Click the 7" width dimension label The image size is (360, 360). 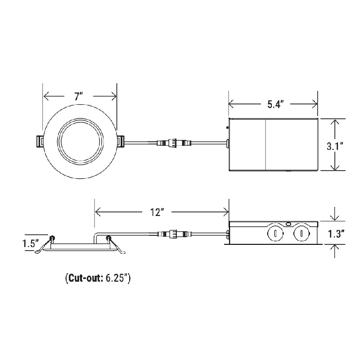click(x=80, y=96)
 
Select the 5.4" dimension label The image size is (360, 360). click(x=274, y=104)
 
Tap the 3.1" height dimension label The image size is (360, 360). click(x=335, y=146)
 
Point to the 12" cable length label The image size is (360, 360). click(x=157, y=212)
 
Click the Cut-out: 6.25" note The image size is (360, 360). click(x=98, y=278)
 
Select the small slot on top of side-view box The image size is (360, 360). click(x=288, y=223)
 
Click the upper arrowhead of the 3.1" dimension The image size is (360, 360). click(x=334, y=122)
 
